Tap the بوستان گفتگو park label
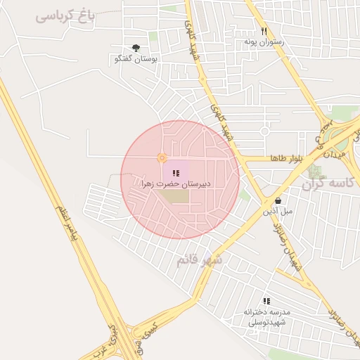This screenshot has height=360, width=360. click(136, 60)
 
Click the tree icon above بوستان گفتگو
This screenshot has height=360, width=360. click(136, 47)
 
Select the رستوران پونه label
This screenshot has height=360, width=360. click(264, 42)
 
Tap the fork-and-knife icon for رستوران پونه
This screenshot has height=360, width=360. click(264, 31)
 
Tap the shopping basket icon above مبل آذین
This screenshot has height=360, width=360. click(278, 200)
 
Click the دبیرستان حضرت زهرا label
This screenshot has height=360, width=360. click(176, 184)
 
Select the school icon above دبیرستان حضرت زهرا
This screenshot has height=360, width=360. click(175, 172)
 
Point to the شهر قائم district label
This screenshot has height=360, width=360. click(199, 261)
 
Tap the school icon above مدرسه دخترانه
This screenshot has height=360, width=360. click(266, 300)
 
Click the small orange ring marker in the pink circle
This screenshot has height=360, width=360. click(162, 158)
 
